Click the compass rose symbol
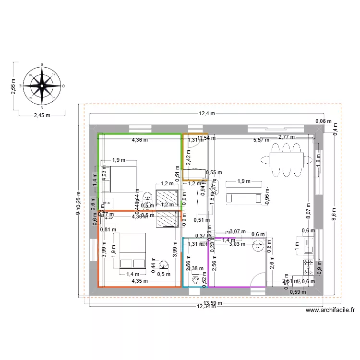pyautogui.click(x=43, y=86)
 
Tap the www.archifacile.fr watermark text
pyautogui.click(x=330, y=311)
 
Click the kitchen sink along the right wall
pyautogui.click(x=308, y=245)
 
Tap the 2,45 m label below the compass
pyautogui.click(x=42, y=116)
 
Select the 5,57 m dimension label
pyautogui.click(x=262, y=140)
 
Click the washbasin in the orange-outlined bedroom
pyautogui.click(x=164, y=264)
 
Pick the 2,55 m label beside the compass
pyautogui.click(x=13, y=87)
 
